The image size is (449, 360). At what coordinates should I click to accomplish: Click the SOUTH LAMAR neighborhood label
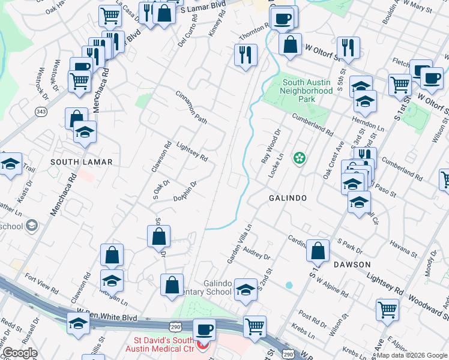tap(73, 162)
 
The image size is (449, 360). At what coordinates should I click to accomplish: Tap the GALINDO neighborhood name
tap(288, 198)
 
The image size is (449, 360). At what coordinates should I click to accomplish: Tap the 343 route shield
tap(41, 112)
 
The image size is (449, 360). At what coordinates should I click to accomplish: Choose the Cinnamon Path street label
tap(191, 108)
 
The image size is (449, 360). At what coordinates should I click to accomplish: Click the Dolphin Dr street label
tap(185, 192)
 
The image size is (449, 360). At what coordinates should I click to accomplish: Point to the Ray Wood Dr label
tap(270, 146)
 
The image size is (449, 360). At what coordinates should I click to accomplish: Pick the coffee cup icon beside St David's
tap(204, 329)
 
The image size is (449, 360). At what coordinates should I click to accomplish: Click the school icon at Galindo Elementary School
tap(245, 290)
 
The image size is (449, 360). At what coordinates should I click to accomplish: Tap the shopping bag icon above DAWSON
tap(318, 250)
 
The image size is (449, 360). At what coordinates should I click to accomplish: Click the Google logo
tap(20, 353)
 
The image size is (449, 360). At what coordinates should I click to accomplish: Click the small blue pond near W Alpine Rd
tap(289, 285)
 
